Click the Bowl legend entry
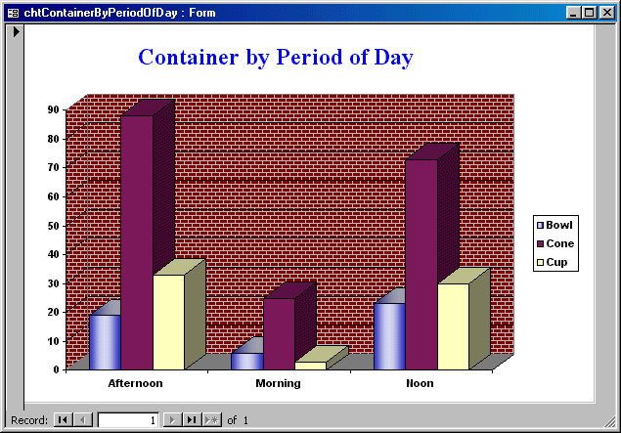[x=554, y=225]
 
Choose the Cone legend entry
[x=555, y=243]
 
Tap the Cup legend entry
[x=553, y=262]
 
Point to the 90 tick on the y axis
[x=54, y=109]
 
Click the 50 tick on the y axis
[x=54, y=226]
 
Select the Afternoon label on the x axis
[x=136, y=383]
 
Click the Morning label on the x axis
[x=278, y=383]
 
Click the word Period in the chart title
[x=309, y=57]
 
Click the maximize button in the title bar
[x=589, y=13]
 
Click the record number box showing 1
[x=128, y=420]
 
